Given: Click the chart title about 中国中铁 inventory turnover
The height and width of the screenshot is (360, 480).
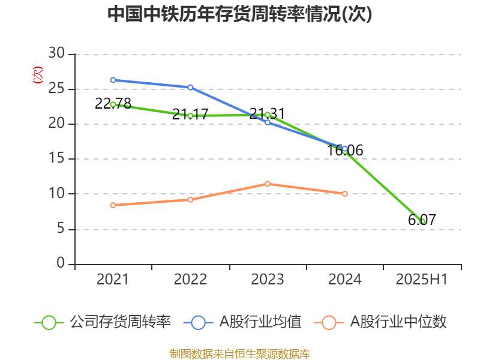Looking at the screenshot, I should [240, 14].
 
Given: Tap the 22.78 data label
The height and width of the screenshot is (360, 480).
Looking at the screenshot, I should [113, 103].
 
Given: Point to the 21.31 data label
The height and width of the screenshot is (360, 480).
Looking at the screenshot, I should [267, 113].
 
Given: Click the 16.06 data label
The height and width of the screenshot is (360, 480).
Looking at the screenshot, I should [345, 150].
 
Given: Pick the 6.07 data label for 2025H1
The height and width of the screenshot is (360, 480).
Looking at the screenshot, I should [422, 220].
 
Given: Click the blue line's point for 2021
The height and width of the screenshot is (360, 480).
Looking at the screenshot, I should [113, 80].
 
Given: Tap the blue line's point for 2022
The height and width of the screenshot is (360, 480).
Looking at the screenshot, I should [190, 87].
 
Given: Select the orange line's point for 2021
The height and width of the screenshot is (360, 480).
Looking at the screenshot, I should [113, 205].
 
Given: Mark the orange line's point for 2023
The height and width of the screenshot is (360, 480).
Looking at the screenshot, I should [268, 184].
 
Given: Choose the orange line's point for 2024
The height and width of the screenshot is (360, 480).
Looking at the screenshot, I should [345, 194].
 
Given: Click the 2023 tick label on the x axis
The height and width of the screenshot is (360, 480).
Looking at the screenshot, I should [268, 279].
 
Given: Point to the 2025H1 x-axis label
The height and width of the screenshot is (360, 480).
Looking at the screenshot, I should [422, 279].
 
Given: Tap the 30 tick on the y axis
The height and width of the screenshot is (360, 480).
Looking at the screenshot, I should [56, 54].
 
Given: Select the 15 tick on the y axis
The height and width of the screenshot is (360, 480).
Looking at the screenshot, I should [56, 159].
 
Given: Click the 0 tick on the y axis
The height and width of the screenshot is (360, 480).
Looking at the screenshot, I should [61, 264].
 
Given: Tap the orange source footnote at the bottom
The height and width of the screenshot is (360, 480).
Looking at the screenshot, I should [240, 353].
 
